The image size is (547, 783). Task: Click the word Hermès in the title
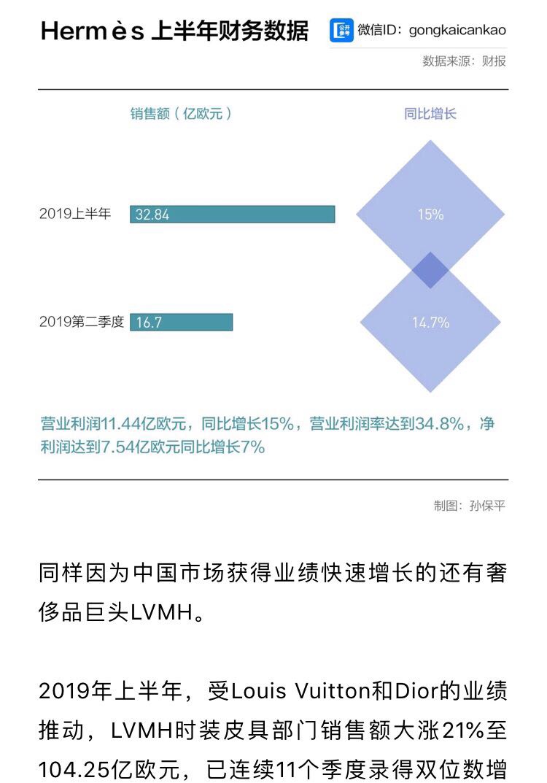click(x=93, y=31)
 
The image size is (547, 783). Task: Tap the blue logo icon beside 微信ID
click(x=341, y=31)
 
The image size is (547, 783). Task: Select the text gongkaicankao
click(x=457, y=31)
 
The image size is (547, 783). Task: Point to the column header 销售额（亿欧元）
click(x=182, y=114)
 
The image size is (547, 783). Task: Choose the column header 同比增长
click(x=430, y=114)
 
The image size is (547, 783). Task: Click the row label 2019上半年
click(x=75, y=215)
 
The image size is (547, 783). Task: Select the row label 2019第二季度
click(x=82, y=322)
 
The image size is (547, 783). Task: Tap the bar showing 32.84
click(x=233, y=215)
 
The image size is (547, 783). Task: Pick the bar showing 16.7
click(x=181, y=322)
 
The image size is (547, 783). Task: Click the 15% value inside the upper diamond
click(x=430, y=215)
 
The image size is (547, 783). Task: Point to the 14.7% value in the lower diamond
click(x=430, y=322)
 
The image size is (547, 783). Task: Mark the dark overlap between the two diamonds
click(x=430, y=269)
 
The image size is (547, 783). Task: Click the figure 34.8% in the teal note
click(x=440, y=424)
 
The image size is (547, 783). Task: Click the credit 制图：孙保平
click(x=470, y=506)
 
